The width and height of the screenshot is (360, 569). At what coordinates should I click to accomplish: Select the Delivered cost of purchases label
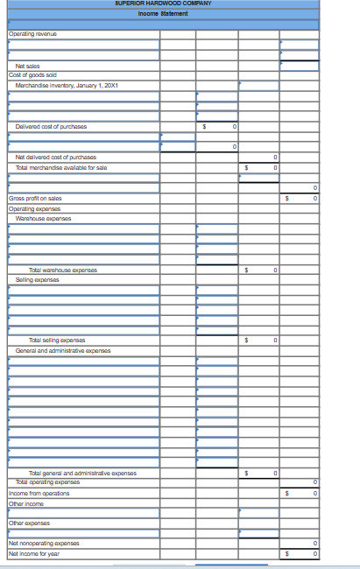coord(51,127)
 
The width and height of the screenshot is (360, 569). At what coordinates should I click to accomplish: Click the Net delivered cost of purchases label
coord(56,157)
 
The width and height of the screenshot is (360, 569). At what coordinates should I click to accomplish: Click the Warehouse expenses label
coord(44,217)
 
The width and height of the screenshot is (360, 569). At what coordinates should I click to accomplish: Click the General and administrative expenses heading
coord(63,350)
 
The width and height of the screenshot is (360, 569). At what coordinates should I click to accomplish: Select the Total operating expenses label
coord(49,482)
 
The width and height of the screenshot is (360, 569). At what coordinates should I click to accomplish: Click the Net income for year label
coord(34,553)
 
